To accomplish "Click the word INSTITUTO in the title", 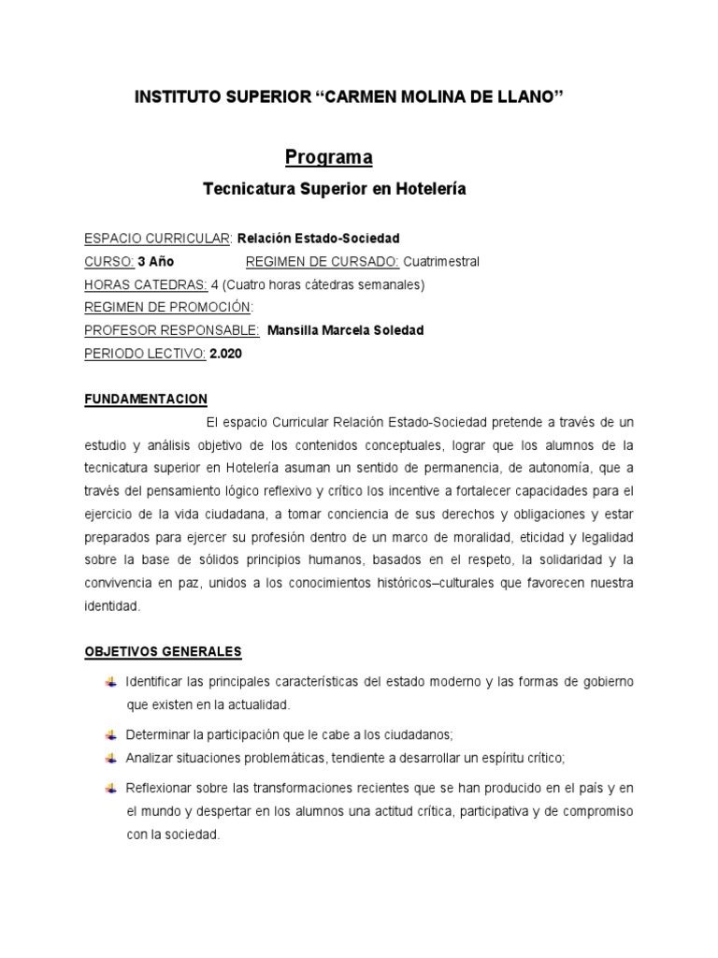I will coord(176,96).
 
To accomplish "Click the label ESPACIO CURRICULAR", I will coord(157,239).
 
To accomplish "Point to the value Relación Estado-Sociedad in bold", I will coord(319,239).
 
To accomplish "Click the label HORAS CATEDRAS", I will coord(145,284).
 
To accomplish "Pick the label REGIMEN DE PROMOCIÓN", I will coord(168,308).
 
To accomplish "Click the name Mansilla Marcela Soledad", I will coord(345,330).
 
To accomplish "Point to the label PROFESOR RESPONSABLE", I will coord(172,330).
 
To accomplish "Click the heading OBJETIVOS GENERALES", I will coord(163,650).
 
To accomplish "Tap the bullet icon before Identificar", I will coord(111,680).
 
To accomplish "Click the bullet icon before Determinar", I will coord(111,734).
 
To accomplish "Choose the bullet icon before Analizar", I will coord(111,757).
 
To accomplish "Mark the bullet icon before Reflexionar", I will coord(111,787).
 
